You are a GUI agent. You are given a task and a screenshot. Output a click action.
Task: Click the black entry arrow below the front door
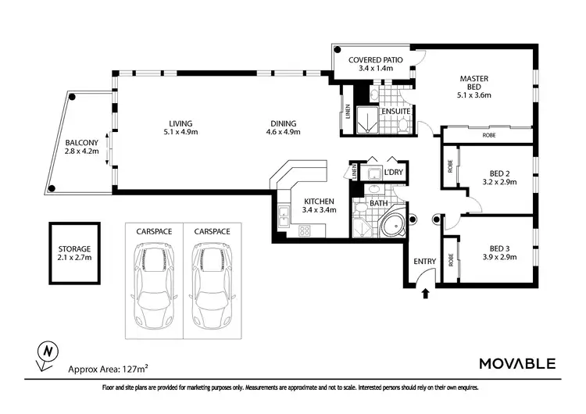click(425, 293)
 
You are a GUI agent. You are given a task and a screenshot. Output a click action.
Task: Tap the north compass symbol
click(47, 354)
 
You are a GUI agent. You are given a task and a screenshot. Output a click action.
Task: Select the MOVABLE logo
click(517, 363)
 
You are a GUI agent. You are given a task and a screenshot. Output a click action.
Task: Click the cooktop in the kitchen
click(304, 230)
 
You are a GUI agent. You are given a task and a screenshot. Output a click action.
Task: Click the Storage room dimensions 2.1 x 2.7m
click(75, 258)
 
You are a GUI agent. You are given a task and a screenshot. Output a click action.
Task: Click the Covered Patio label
click(376, 60)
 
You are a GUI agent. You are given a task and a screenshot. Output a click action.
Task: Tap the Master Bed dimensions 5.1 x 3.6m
click(474, 95)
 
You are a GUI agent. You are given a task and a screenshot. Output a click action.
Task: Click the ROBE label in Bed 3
click(451, 260)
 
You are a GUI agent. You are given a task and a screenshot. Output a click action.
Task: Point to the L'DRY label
click(394, 173)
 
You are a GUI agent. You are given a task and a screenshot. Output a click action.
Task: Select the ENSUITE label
click(396, 112)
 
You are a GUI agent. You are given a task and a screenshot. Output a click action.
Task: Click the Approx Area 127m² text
click(108, 369)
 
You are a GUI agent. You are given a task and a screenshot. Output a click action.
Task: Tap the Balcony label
click(82, 143)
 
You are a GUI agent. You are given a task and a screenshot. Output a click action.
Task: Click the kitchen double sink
click(284, 216)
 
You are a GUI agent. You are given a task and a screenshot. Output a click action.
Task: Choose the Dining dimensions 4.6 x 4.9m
click(284, 132)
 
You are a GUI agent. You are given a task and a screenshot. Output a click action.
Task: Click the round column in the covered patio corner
click(338, 49)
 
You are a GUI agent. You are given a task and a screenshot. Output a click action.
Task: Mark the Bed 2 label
click(500, 173)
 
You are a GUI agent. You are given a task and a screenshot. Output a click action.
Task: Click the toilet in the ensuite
click(403, 125)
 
